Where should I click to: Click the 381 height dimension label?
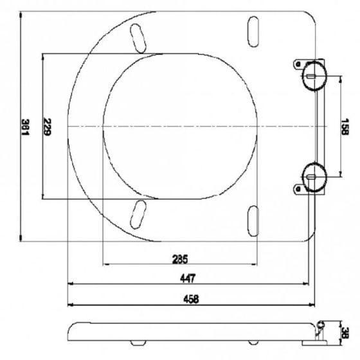[26, 127]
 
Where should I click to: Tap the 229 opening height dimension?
[48, 127]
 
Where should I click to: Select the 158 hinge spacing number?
[345, 127]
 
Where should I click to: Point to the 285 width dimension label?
[180, 259]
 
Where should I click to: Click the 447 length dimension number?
[188, 278]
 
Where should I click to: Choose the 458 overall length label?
[191, 299]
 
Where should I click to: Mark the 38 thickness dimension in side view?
[345, 333]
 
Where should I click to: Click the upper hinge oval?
[314, 76]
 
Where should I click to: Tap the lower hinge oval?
[314, 177]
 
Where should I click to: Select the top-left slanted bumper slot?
[138, 39]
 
